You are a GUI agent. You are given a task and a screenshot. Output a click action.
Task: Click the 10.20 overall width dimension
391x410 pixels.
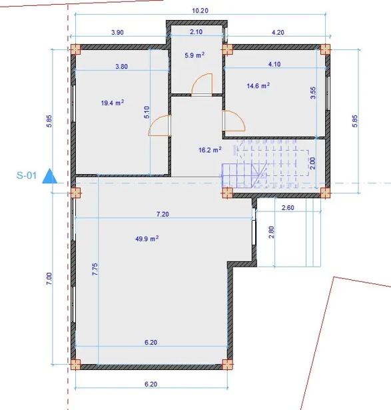coord(200,11)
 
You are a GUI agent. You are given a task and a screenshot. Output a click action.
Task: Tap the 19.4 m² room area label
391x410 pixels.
coord(113,103)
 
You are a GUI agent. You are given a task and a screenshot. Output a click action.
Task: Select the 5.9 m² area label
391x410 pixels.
coord(195,55)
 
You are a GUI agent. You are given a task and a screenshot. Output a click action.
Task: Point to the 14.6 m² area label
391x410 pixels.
coord(258,85)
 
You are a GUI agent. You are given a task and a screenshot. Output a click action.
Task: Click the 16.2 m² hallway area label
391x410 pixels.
coord(210,150)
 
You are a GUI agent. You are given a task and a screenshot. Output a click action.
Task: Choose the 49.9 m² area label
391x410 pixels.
coord(147,239)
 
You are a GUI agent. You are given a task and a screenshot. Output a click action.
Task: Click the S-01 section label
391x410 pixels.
coord(27,175)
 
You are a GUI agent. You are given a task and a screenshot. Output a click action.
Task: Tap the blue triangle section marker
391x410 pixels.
coord(50,176)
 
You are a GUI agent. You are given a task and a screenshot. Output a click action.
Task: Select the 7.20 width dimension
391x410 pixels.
coord(163,214)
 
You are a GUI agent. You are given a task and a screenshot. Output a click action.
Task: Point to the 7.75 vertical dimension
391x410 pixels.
coord(95,269)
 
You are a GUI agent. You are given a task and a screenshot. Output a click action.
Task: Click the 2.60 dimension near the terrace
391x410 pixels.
coord(288,207)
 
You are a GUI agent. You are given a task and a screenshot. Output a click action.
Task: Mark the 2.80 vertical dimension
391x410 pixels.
coord(272,232)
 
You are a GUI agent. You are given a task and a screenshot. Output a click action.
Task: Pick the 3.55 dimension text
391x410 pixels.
coord(313,93)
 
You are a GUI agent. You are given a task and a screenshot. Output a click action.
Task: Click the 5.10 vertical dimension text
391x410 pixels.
coord(147,112)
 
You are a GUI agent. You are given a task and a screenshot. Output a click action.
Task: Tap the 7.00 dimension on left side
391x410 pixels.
coord(49,279)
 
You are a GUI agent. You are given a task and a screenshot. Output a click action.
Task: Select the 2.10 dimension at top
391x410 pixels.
coord(196,31)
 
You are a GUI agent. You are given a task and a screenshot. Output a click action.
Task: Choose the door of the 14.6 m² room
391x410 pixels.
coord(234,121)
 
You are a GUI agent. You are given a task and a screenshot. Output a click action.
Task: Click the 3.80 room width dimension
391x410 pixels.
coord(121,67)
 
